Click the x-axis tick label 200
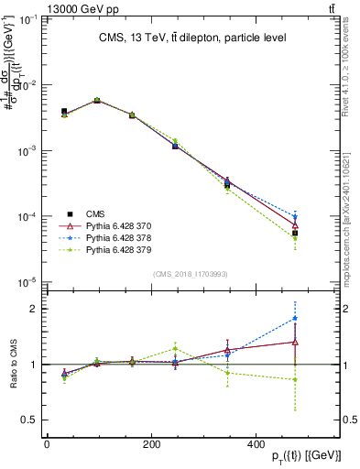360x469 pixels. pos(174,444)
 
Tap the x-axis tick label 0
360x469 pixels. pos(47,444)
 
